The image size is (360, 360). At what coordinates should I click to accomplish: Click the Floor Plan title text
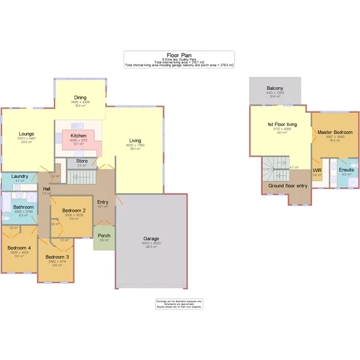(x=179, y=54)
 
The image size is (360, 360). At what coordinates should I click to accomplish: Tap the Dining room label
(x=81, y=97)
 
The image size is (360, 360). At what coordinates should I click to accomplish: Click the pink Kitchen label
(x=79, y=136)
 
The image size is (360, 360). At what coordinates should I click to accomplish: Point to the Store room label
(x=82, y=161)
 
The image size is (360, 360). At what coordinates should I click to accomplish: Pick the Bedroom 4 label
(x=19, y=248)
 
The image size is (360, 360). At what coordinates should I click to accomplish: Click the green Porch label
(x=104, y=236)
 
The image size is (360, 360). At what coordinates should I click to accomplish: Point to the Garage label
(x=151, y=238)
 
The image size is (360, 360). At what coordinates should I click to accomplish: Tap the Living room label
(x=135, y=140)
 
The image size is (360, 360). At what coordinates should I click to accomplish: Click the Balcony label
(x=275, y=88)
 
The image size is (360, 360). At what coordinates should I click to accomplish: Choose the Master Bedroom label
(x=335, y=132)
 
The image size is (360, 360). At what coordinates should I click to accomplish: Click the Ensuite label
(x=346, y=170)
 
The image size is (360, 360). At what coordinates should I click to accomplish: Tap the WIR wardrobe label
(x=317, y=170)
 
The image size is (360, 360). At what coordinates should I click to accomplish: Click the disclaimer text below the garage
(x=179, y=304)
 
